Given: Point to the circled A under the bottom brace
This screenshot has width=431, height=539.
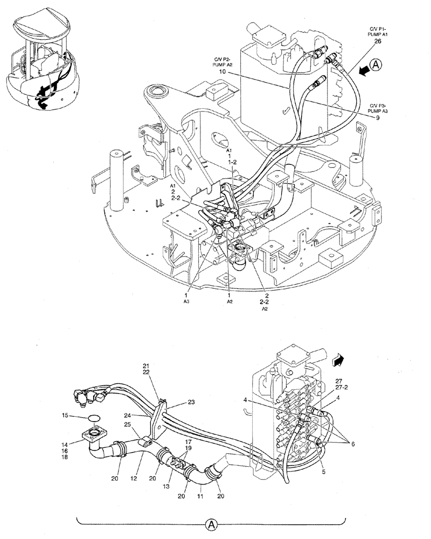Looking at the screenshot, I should pos(211,523).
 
